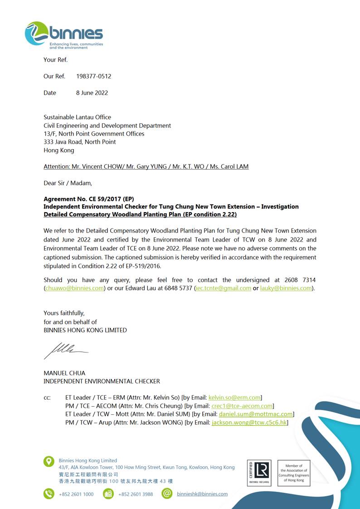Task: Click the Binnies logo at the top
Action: (64, 34)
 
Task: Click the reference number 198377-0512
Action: (93, 76)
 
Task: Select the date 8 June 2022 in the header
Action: (92, 93)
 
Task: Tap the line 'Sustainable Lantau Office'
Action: (77, 117)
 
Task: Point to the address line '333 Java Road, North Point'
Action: (79, 142)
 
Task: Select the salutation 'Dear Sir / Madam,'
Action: (68, 183)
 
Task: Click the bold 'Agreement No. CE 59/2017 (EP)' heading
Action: (88, 199)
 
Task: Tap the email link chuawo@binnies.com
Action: (74, 288)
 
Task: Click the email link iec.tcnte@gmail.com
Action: (223, 288)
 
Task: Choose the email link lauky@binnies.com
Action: (286, 288)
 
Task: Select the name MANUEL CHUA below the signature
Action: (64, 373)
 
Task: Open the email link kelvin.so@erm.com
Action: (234, 398)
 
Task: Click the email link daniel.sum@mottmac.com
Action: (256, 414)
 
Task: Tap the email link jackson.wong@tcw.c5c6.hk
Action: (249, 422)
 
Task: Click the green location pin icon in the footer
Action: (49, 461)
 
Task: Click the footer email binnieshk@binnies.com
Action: (202, 494)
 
